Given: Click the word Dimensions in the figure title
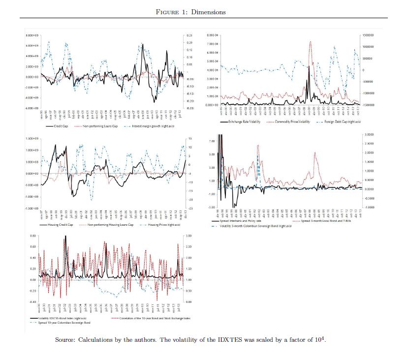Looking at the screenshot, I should click(210, 12).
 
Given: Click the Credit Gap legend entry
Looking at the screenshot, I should click(66, 126).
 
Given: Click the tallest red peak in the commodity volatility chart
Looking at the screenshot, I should click(311, 42).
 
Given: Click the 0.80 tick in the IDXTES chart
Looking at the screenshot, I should click(34, 236).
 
